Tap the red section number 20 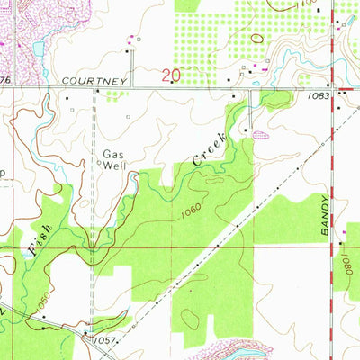[x=172, y=77]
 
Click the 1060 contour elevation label [x=190, y=212]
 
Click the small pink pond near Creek [x=261, y=136]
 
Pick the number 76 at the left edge [x=4, y=80]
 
